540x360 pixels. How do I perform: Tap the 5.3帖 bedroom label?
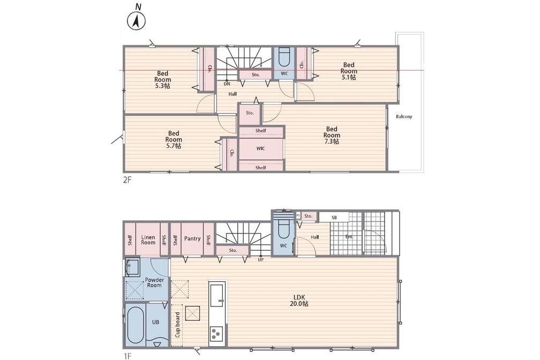pos(163,79)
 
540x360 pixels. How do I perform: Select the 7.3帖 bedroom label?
pos(332,135)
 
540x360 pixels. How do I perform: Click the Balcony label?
pos(404,116)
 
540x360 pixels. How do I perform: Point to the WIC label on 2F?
pos(261,148)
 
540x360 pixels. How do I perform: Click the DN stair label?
pos(227,84)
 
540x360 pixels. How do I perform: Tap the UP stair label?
pos(261,260)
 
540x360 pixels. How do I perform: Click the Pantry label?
pos(192,238)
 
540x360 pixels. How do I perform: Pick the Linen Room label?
pos(148,239)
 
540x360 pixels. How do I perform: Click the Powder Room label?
pos(154,282)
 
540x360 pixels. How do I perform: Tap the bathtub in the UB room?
pos(136,325)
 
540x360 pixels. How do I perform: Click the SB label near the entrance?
pos(334,217)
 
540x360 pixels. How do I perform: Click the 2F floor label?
pos(127,180)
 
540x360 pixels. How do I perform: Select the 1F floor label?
pos(126,354)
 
